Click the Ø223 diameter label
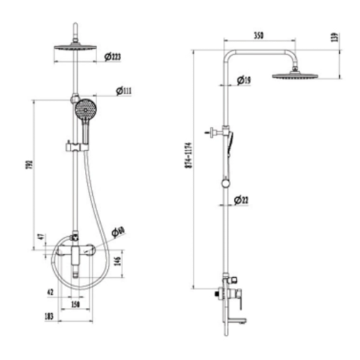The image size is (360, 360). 112,57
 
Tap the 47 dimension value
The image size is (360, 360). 40,236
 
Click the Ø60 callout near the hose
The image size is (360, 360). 120,231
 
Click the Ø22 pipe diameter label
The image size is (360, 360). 243,201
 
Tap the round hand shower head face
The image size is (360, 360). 83,112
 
